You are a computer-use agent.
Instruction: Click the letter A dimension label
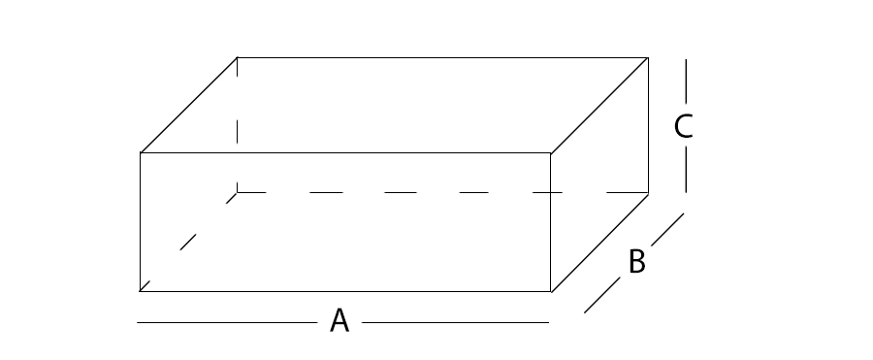[339, 320]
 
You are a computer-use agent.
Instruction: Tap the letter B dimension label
[637, 261]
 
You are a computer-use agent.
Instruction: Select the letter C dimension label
[684, 126]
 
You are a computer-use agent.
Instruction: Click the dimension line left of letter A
[227, 322]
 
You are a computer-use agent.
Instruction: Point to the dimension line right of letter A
[456, 322]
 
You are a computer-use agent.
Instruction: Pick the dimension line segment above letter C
[686, 82]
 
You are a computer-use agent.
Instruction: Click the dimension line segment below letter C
[686, 170]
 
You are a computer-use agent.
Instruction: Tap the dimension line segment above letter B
[667, 229]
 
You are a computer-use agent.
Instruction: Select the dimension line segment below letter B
[601, 295]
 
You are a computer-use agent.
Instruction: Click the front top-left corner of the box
[141, 152]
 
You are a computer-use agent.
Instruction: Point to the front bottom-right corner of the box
[551, 291]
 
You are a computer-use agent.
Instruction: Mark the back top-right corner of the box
[648, 57]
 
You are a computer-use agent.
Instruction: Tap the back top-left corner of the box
[238, 57]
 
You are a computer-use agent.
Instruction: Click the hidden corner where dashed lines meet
[238, 192]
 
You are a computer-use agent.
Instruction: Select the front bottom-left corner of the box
[141, 291]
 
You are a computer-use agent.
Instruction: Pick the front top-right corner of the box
[551, 152]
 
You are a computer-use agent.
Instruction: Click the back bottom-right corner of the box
[648, 193]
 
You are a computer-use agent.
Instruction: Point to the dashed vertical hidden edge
[238, 125]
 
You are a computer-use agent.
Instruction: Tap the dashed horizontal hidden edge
[442, 192]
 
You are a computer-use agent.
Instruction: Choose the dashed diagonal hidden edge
[188, 242]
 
